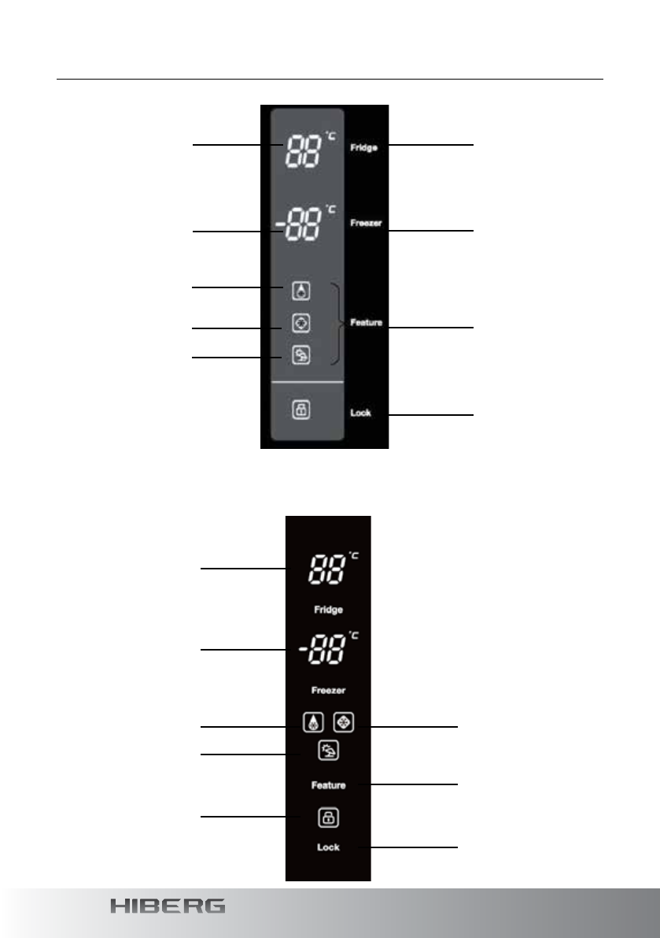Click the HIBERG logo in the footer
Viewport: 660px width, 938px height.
point(168,906)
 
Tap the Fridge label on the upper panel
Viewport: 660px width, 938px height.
point(363,147)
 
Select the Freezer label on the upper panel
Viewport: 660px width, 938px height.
point(366,223)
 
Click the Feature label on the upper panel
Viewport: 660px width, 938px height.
point(366,322)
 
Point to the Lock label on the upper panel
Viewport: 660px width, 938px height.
point(361,412)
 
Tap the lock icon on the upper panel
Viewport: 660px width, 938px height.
point(301,410)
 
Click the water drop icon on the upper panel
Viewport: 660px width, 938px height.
point(301,291)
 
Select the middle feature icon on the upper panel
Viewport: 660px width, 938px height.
point(301,323)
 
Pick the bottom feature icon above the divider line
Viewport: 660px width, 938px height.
point(301,355)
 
